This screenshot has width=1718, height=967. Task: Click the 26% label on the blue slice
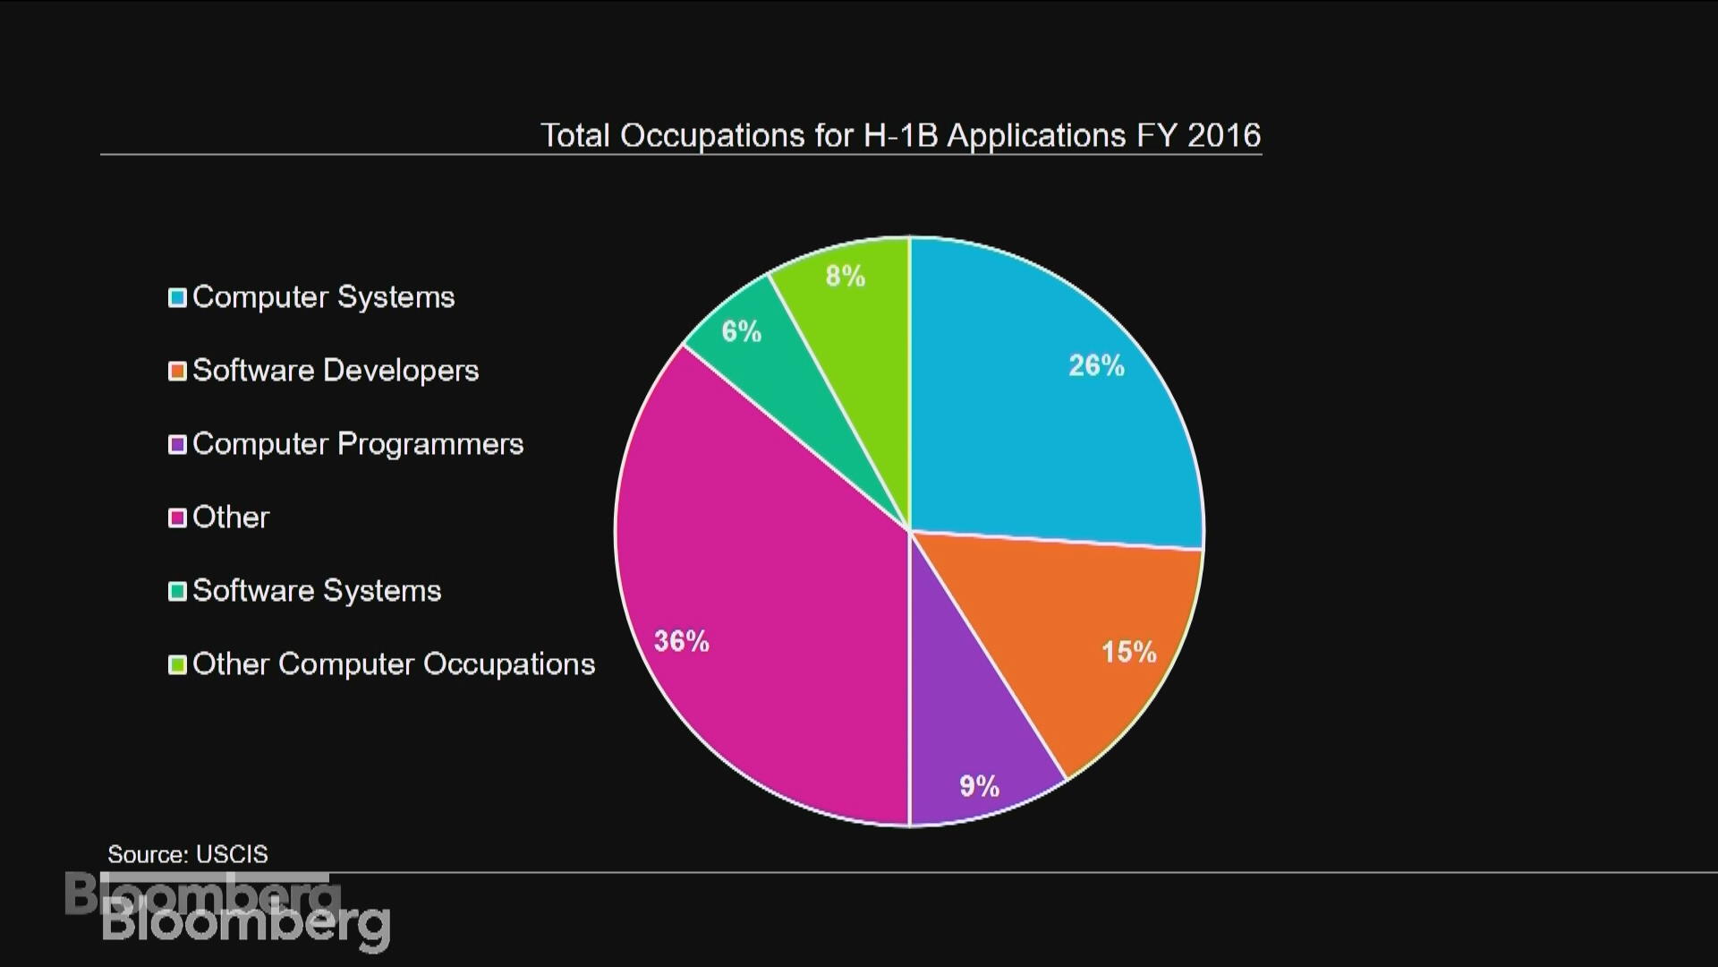tap(1096, 365)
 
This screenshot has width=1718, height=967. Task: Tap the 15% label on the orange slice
tap(1128, 652)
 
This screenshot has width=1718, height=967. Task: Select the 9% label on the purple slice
tap(979, 786)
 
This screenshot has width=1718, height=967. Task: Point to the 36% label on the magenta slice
tap(682, 641)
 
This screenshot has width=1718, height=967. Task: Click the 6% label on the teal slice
tap(742, 332)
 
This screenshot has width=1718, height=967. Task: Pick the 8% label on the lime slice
tap(846, 276)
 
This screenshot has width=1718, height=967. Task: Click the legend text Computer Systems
tap(323, 297)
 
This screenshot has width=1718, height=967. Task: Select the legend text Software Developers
tap(336, 371)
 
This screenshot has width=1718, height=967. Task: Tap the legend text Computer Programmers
tap(358, 444)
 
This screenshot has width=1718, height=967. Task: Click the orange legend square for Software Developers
tap(177, 371)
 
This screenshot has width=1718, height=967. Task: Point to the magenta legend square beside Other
tap(177, 518)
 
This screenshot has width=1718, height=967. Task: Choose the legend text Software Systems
tap(317, 591)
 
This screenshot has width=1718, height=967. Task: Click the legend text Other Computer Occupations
tap(394, 664)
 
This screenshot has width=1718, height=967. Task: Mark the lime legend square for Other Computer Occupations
tap(177, 664)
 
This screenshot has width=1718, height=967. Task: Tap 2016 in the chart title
tap(1223, 135)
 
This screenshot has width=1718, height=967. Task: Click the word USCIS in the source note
tap(232, 854)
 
